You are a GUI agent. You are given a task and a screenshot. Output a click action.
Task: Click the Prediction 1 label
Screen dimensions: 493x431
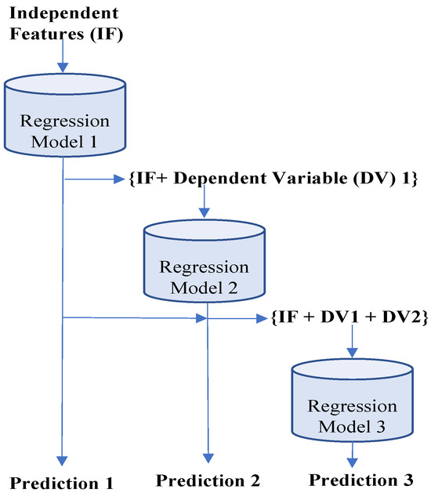pos(63,480)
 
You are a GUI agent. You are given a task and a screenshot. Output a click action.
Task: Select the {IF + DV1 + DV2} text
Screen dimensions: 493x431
pos(348,319)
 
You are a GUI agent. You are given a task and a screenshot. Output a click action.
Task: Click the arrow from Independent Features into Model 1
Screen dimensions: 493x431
pos(62,59)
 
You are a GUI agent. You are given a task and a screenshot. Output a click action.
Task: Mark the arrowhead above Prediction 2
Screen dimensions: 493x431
pos(208,459)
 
